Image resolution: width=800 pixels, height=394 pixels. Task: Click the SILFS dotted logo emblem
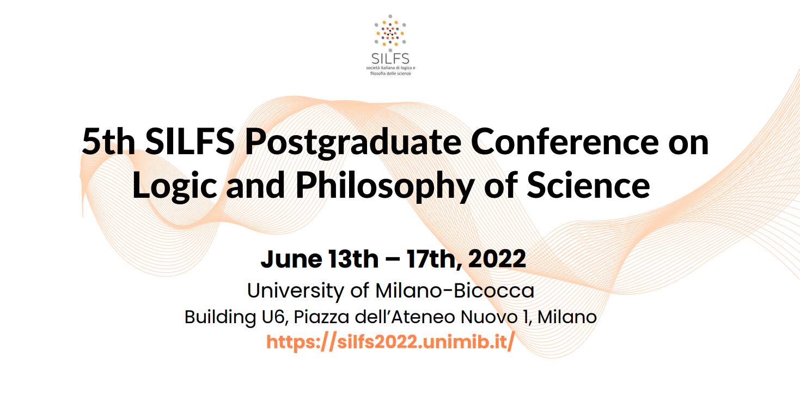point(390,33)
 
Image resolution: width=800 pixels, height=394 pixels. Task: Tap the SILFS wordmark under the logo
point(390,59)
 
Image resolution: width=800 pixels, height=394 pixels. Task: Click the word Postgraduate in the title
point(353,143)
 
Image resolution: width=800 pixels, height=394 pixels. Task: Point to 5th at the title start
point(108,142)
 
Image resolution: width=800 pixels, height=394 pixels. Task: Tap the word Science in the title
point(588,185)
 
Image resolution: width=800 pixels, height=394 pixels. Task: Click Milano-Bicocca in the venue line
point(455,290)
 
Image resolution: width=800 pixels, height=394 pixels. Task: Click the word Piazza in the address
point(321,317)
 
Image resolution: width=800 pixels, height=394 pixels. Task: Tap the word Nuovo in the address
point(489,317)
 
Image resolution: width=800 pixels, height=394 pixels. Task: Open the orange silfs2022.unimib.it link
point(390,342)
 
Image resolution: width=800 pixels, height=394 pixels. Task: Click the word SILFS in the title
point(190,142)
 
